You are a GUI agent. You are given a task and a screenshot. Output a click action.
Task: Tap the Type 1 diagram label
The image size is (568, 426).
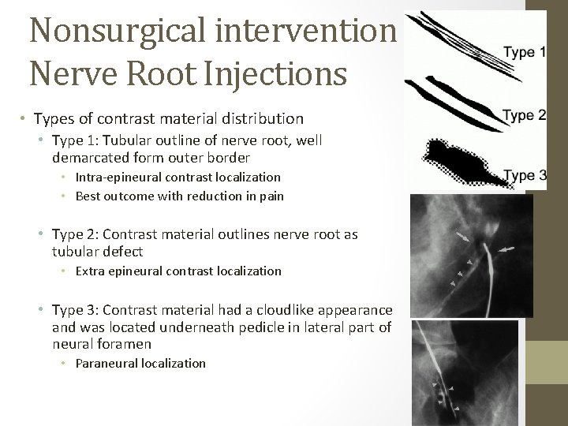(x=525, y=53)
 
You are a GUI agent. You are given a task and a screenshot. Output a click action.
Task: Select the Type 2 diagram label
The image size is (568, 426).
(x=525, y=115)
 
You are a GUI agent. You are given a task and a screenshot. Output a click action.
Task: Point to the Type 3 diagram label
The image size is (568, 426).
(x=525, y=174)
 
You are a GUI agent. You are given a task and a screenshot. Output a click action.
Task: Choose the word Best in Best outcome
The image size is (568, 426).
(x=88, y=195)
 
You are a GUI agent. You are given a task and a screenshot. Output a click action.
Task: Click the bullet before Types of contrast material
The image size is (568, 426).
(x=24, y=119)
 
